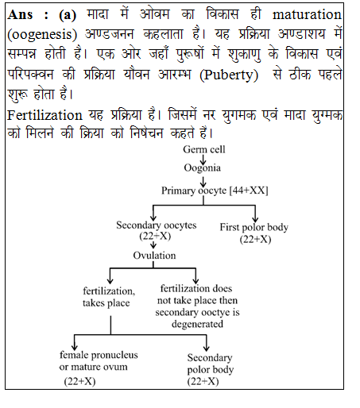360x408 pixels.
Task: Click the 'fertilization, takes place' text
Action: pos(109,297)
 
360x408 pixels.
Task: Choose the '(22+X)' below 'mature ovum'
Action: pos(81,382)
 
